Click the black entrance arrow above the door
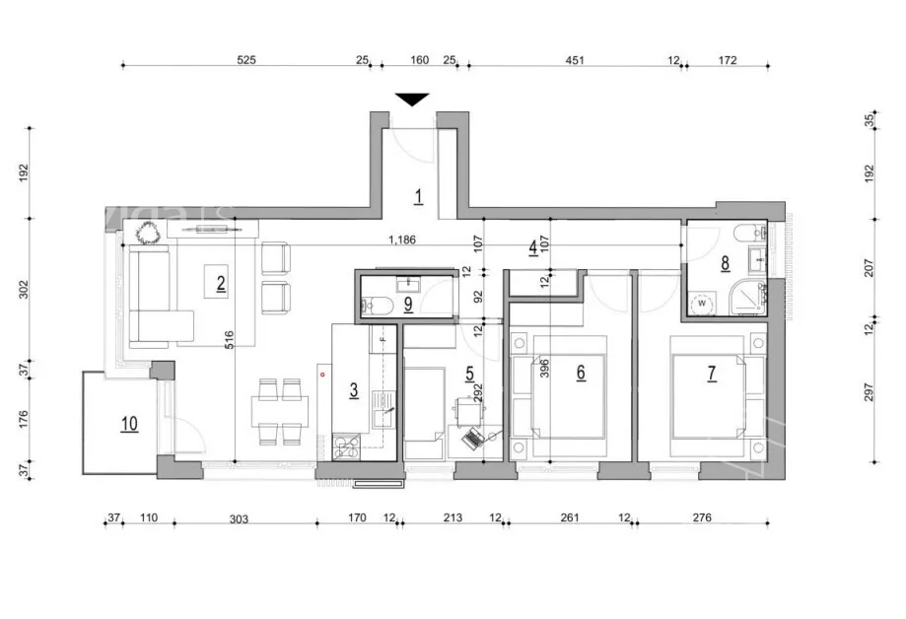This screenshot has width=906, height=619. [x=412, y=100]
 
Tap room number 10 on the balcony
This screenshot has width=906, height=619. [x=129, y=424]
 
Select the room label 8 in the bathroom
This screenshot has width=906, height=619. [x=726, y=263]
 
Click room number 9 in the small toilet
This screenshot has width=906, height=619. [x=408, y=305]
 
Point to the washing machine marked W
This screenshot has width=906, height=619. [x=703, y=303]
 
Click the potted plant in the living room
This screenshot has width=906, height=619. [x=148, y=234]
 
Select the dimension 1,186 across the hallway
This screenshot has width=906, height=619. [x=401, y=240]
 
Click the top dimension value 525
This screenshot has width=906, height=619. [x=246, y=59]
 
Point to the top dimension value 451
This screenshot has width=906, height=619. [x=575, y=59]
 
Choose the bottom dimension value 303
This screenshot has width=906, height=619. [x=239, y=519]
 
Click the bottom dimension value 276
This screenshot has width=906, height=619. [x=702, y=517]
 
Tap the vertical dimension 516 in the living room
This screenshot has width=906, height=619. [x=230, y=339]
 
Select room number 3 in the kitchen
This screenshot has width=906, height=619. [x=354, y=390]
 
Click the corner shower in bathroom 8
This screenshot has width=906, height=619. [x=747, y=297]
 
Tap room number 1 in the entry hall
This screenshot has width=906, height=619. [x=418, y=196]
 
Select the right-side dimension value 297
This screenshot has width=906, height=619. [x=869, y=392]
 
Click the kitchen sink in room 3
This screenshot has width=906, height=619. [x=383, y=408]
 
